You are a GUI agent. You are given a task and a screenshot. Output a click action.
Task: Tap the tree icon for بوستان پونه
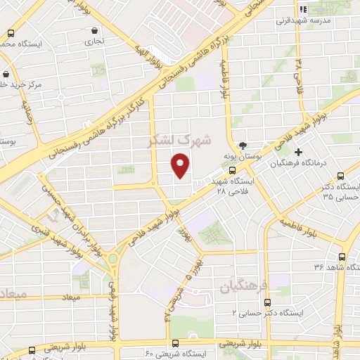point(243,145)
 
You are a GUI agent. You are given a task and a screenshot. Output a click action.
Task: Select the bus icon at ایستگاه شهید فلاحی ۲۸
point(232,170)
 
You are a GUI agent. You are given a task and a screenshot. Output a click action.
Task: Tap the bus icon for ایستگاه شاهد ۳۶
point(342,257)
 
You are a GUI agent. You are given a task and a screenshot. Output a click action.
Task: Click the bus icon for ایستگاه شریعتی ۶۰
point(174,342)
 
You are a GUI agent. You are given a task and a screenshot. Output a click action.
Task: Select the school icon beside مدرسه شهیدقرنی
point(304,9)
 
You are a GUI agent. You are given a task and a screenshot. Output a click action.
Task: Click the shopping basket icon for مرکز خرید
point(6,74)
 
